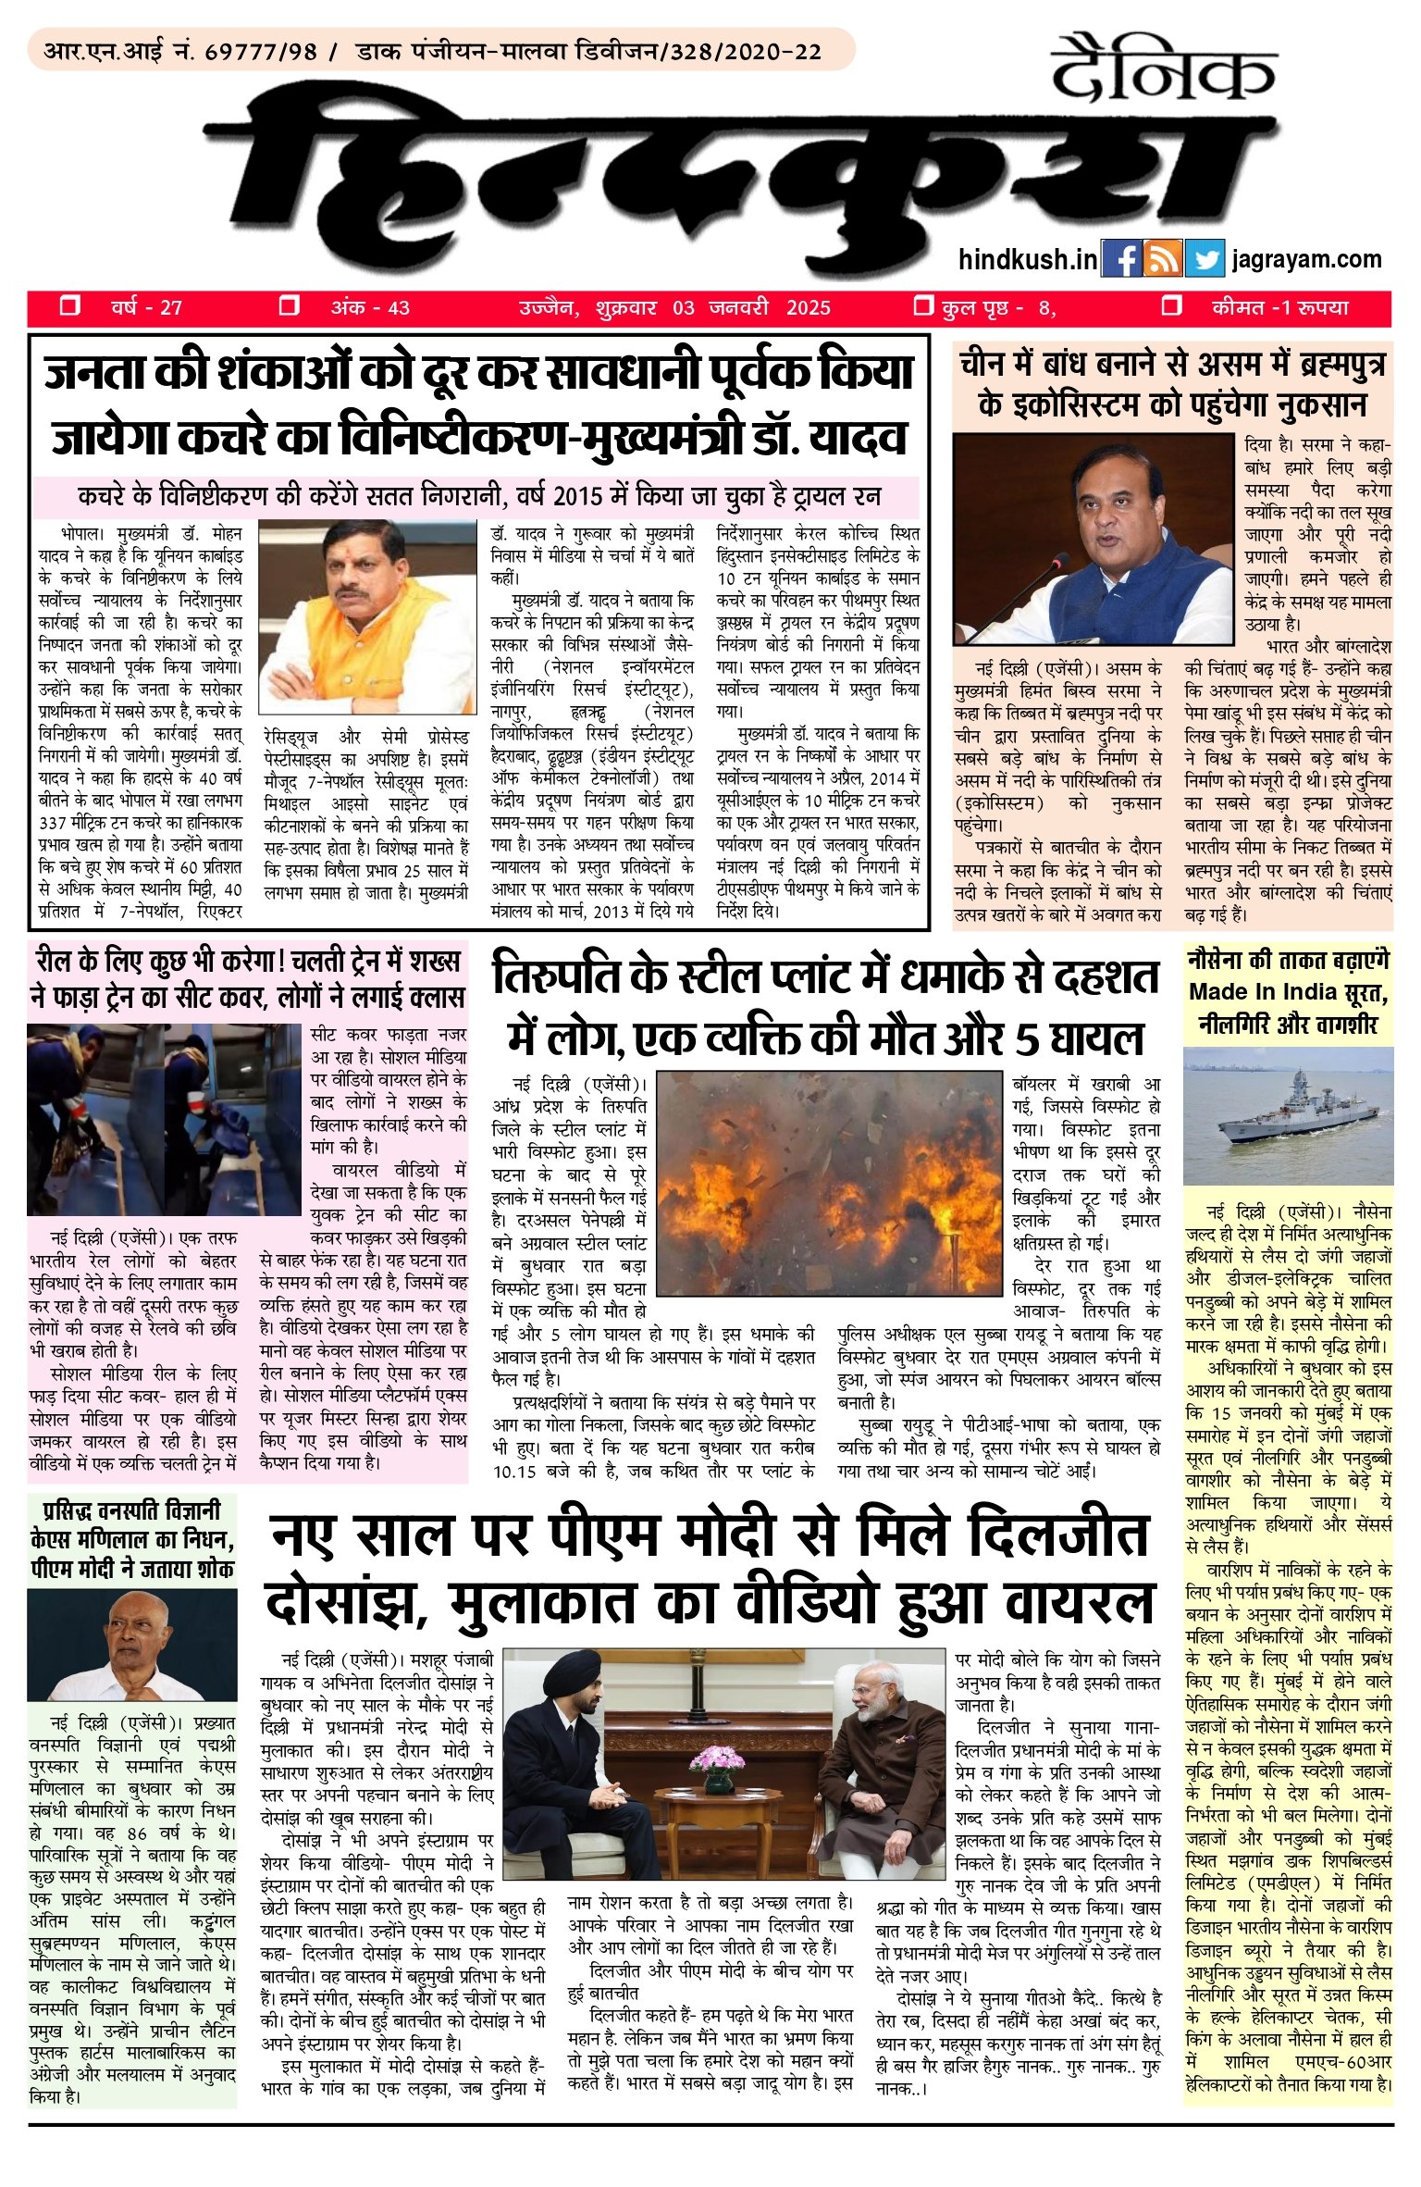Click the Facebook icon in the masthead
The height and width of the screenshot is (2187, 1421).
click(x=1122, y=259)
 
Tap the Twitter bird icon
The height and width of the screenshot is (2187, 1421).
click(x=1205, y=259)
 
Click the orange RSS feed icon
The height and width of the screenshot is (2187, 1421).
click(x=1163, y=259)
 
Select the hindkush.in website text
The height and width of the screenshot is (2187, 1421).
click(x=1027, y=259)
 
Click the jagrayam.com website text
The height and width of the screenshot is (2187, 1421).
click(x=1306, y=259)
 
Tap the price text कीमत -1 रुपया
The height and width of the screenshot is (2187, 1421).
click(x=1279, y=307)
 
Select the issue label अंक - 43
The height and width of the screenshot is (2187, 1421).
click(x=370, y=307)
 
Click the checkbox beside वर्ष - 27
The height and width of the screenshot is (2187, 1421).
click(x=69, y=306)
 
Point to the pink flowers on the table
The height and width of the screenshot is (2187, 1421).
click(x=717, y=1755)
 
